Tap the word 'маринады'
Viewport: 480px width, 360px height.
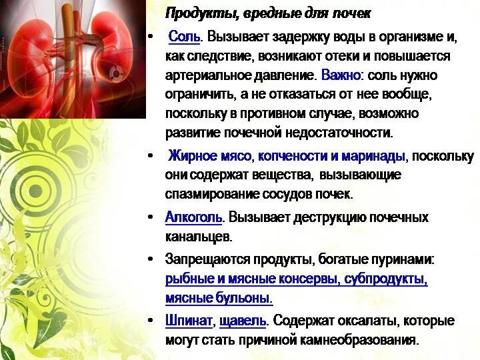375,157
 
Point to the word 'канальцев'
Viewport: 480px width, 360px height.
198,236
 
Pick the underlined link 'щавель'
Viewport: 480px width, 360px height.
243,321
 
